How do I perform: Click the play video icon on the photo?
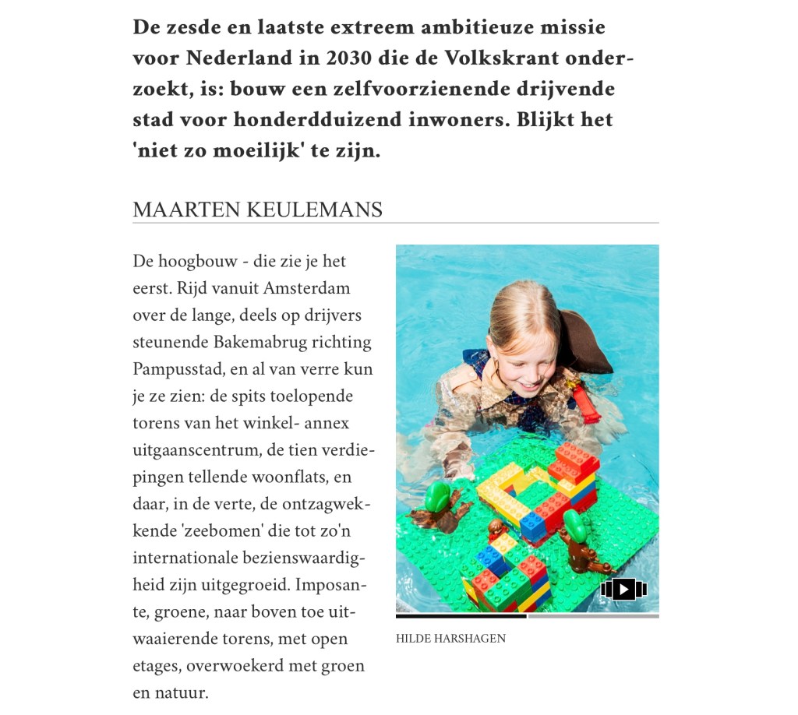click(x=623, y=589)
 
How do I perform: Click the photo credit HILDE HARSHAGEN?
click(x=450, y=639)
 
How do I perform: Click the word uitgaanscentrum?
click(x=198, y=450)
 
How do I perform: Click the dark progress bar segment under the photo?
click(x=461, y=616)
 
